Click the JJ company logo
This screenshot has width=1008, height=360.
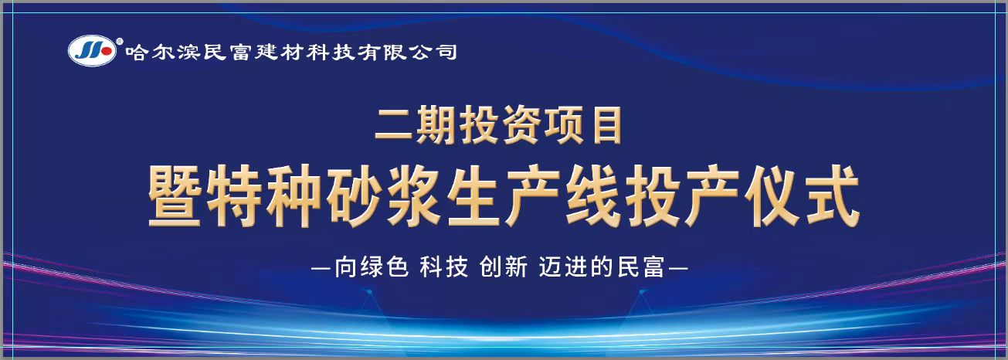click(x=92, y=51)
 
